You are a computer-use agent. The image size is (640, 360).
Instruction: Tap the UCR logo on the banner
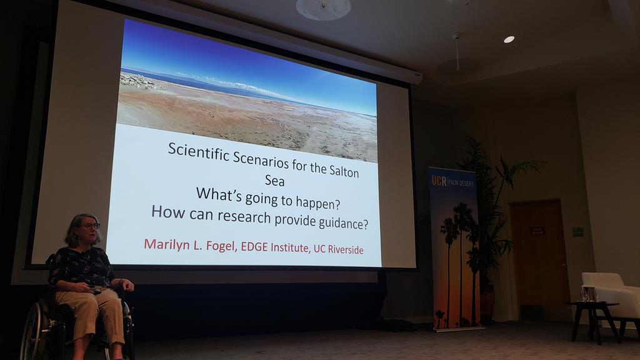click(x=439, y=181)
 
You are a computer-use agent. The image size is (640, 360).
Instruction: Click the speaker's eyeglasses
click(x=90, y=226)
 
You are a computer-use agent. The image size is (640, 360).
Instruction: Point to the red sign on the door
click(x=537, y=231)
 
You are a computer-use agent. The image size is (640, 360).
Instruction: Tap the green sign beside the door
click(x=577, y=231)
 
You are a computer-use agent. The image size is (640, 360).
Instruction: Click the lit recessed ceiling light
click(x=509, y=39)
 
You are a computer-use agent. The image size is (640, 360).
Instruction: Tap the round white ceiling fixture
click(x=323, y=9)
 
